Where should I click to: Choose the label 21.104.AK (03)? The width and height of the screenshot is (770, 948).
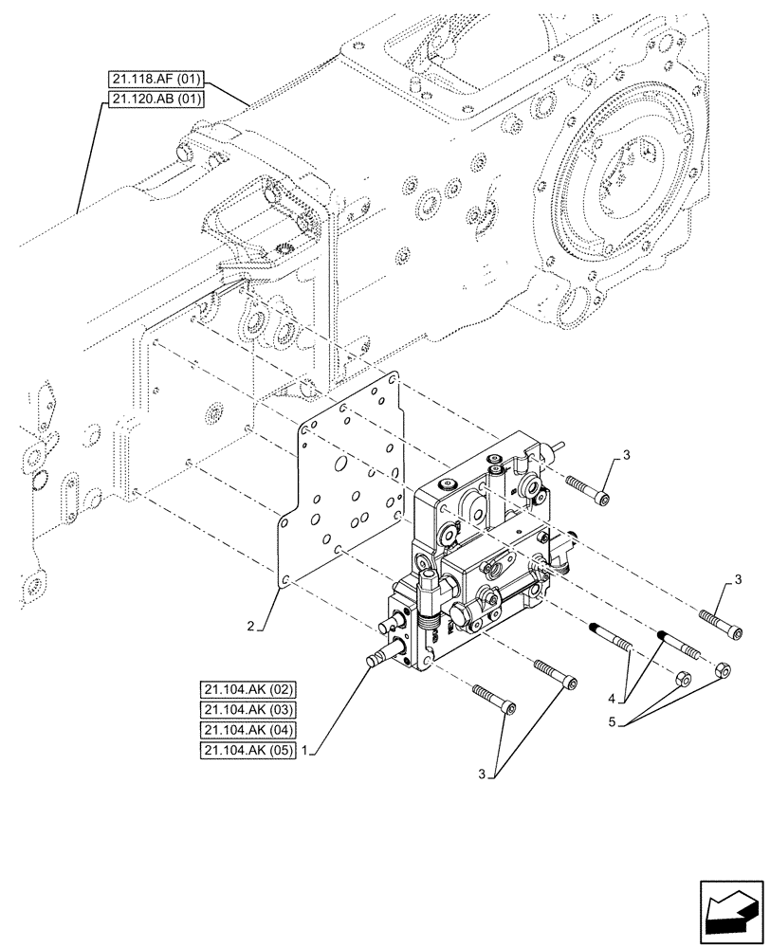click(248, 711)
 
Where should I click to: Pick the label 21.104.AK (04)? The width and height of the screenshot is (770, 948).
click(248, 731)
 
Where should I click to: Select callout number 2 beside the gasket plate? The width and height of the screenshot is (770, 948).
click(251, 627)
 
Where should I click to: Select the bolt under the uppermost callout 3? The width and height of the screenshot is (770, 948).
click(587, 489)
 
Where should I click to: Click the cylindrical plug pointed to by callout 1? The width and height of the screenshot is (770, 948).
click(377, 660)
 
